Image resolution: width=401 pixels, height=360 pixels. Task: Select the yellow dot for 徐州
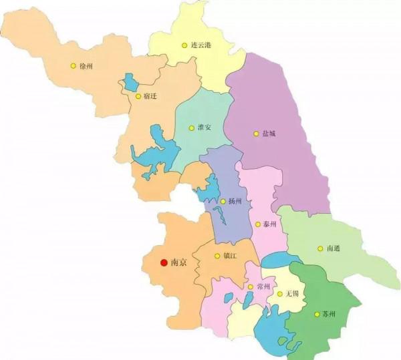73,65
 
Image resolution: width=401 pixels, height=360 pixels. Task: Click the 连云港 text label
201,45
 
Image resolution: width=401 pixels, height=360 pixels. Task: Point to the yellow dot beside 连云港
184,45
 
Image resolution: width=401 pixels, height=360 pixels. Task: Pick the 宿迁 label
150,96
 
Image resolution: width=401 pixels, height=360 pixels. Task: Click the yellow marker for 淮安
192,128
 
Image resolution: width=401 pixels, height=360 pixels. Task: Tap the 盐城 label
269,134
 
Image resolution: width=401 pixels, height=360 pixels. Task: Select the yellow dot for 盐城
255,134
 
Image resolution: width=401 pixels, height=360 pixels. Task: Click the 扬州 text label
235,201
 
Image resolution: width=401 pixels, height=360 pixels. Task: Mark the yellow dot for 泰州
258,224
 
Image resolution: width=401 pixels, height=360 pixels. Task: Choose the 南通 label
333,248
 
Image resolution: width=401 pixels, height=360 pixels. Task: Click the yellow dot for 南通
320,248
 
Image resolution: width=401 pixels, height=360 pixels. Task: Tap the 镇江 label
231,256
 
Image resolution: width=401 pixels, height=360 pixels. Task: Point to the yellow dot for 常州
251,287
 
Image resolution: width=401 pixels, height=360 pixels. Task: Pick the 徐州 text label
86,66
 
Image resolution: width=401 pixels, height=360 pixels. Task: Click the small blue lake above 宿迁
130,83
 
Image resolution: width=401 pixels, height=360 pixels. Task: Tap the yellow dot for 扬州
223,201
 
